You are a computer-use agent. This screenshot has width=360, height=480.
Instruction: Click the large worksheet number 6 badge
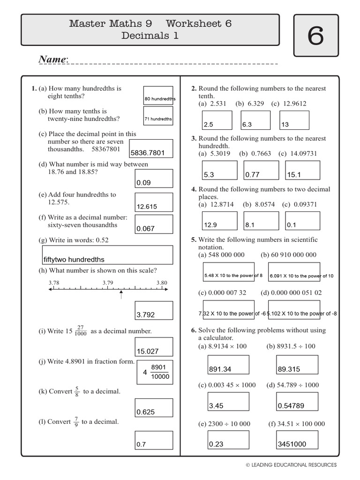(x=315, y=36)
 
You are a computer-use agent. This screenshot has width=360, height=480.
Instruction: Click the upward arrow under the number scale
(x=121, y=294)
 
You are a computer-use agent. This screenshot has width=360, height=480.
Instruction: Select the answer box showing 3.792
(x=153, y=310)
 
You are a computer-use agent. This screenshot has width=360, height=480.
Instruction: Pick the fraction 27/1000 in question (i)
(x=80, y=331)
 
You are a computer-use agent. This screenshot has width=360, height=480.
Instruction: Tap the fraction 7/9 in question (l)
(x=76, y=422)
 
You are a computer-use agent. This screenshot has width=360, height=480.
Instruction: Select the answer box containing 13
(x=294, y=120)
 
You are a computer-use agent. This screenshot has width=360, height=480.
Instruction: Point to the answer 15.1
(x=302, y=170)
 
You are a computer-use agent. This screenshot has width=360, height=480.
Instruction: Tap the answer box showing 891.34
(x=228, y=365)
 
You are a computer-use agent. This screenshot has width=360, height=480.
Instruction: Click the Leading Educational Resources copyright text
(x=291, y=465)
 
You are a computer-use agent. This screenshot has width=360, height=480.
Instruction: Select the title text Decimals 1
(x=150, y=35)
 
